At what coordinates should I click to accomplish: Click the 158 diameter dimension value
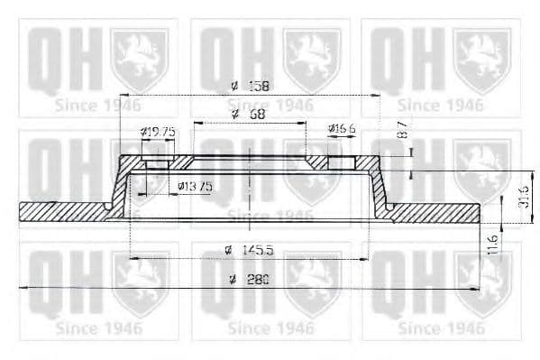pos(260,86)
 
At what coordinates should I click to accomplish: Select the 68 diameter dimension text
pos(257,115)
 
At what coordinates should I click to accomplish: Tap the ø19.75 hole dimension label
pos(158,132)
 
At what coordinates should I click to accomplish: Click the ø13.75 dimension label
pos(194,186)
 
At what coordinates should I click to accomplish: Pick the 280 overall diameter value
pos(259,280)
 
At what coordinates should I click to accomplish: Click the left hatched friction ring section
pos(63,211)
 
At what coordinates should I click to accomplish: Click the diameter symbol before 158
pos(233,86)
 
